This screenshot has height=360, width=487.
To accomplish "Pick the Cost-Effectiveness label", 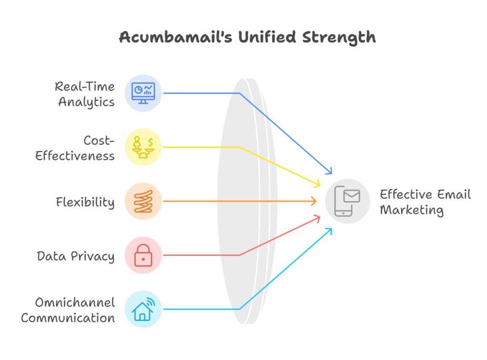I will (76, 148).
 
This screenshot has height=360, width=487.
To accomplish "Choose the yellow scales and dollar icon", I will (143, 147).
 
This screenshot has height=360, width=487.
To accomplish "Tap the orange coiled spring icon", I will (143, 201).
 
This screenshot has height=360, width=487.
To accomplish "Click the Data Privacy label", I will (76, 256).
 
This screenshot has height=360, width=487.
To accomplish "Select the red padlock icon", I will (143, 255).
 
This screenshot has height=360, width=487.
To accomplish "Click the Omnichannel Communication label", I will (68, 310).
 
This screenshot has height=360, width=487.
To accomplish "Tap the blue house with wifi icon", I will (143, 309).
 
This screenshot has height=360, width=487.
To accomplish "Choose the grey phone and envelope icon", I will (348, 201).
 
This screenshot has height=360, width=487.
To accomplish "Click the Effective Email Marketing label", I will (425, 202).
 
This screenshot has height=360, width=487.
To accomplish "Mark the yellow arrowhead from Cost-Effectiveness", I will (317, 185).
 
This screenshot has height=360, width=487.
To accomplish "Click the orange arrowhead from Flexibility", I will (314, 202).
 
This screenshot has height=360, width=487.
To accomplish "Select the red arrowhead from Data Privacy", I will (317, 218).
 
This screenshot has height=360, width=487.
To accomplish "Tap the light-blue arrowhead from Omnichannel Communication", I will (329, 231).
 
